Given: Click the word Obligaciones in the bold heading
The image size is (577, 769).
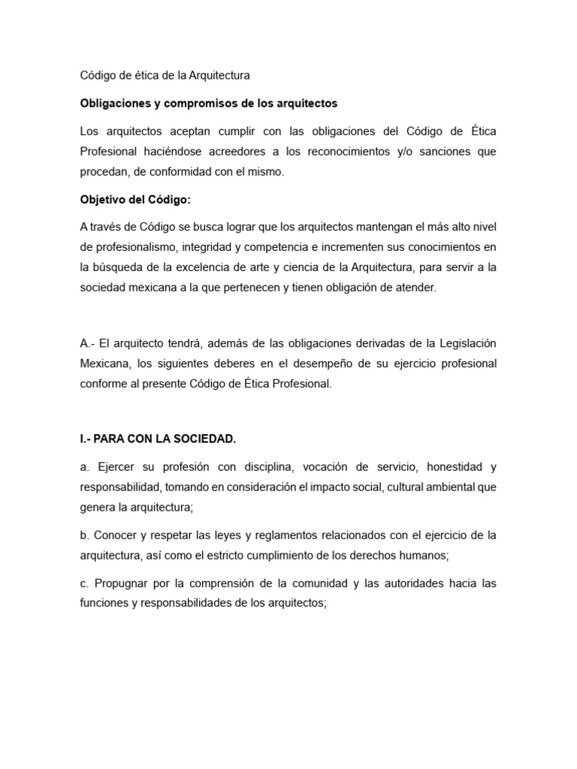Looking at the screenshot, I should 114,103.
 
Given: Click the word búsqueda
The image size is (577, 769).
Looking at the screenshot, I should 119,267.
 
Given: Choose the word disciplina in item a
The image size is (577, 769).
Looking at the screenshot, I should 255,467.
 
